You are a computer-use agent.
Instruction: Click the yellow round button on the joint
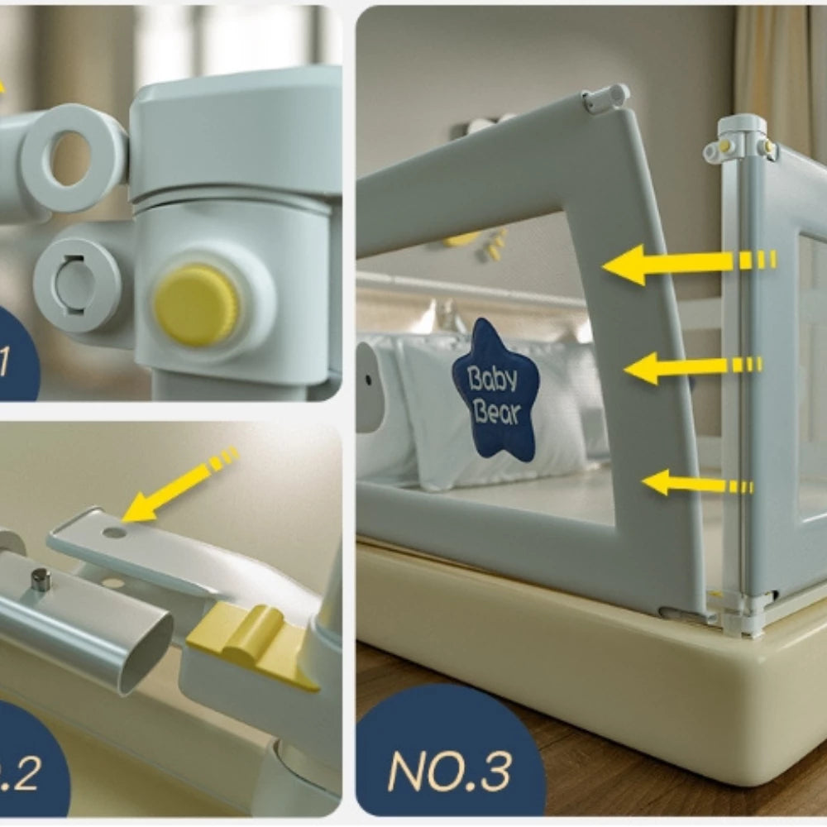point(197,304)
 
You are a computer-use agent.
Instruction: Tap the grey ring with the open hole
point(73,156)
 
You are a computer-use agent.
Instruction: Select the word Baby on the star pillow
point(493,379)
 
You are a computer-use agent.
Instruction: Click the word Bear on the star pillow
point(496,411)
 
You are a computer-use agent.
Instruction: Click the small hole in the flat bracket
point(114,532)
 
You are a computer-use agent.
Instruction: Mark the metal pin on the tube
point(41,579)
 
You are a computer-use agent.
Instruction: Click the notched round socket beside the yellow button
point(76,284)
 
